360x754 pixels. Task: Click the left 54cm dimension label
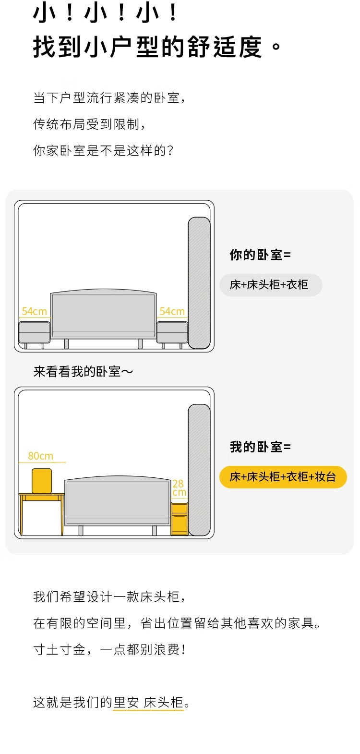pos(35,312)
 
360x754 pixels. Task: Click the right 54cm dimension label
pos(172,312)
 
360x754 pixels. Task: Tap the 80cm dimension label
pos(41,456)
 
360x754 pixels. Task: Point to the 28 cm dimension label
pos(179,488)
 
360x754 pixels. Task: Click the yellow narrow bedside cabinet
pos(180,519)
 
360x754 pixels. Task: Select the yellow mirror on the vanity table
pos(42,481)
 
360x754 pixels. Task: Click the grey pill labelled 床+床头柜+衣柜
pos(270,285)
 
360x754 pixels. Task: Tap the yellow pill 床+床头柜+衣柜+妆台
pos(283,477)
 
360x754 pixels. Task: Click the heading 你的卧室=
pos(260,255)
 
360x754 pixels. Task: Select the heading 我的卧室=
pos(260,447)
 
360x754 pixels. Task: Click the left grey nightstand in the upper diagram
pos(35,332)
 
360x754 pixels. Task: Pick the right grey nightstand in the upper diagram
pos(172,332)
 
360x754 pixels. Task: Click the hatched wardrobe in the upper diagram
pos(199,283)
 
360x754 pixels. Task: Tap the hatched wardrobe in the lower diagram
pos(199,470)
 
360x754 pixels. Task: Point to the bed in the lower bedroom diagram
pos(118,503)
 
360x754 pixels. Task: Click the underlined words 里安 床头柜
pos(148,703)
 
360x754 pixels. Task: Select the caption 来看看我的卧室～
pos(83,372)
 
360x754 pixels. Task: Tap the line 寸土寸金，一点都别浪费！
pos(109,650)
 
